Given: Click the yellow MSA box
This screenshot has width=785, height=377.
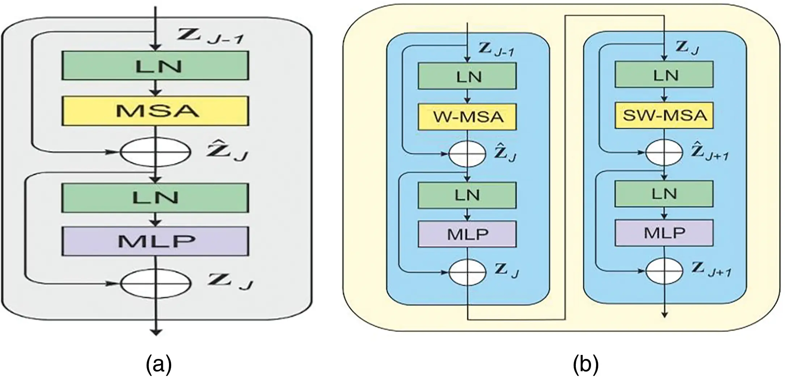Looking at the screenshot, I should tap(155, 111).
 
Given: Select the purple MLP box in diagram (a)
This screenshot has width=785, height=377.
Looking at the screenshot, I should tap(155, 241).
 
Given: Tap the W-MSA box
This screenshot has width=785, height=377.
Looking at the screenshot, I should tap(467, 117).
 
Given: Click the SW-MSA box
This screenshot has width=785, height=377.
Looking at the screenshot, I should tap(664, 116).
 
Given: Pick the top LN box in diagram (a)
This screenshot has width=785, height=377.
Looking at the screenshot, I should tap(155, 65).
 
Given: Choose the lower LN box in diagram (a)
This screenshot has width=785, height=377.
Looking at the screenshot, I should tap(155, 197).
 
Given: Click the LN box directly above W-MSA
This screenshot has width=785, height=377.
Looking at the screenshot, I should tap(467, 76).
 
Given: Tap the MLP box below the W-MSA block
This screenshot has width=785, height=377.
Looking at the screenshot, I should tap(467, 234).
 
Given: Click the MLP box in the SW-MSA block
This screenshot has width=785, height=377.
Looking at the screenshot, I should tap(664, 233).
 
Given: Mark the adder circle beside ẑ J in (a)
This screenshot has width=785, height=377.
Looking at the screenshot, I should tap(155, 152).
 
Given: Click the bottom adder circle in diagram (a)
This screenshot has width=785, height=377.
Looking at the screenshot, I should tap(155, 284).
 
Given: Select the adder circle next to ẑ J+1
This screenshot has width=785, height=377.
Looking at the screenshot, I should tap(664, 152).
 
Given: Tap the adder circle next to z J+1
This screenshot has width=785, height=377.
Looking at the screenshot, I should tap(664, 270).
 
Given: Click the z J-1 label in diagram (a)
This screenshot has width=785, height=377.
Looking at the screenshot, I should tap(209, 35).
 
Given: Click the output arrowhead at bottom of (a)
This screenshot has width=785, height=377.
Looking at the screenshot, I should tap(156, 331).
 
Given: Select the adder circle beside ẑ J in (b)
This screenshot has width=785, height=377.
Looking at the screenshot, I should tap(467, 154).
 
